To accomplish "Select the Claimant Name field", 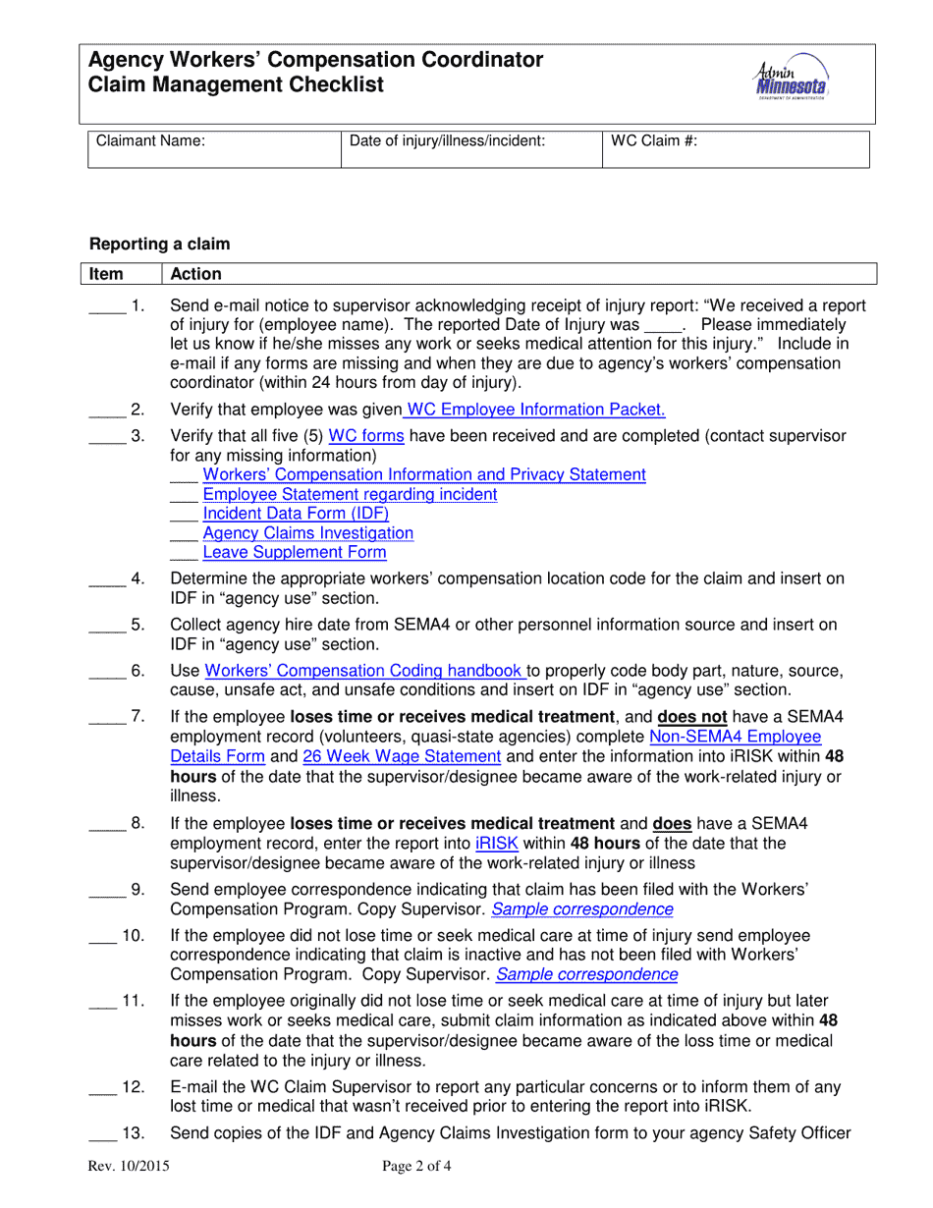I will click(212, 149).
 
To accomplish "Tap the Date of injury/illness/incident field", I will click(469, 149).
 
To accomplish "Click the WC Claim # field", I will click(736, 149).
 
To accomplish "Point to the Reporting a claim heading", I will click(160, 244).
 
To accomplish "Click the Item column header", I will click(107, 274).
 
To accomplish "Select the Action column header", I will click(196, 274).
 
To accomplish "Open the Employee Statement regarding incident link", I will click(350, 494).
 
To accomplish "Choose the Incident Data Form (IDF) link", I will click(296, 514).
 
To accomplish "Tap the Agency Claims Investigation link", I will click(307, 533).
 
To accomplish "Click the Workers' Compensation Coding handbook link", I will click(365, 671).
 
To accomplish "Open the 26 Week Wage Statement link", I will click(402, 756).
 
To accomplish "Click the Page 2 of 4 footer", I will click(417, 1168).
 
